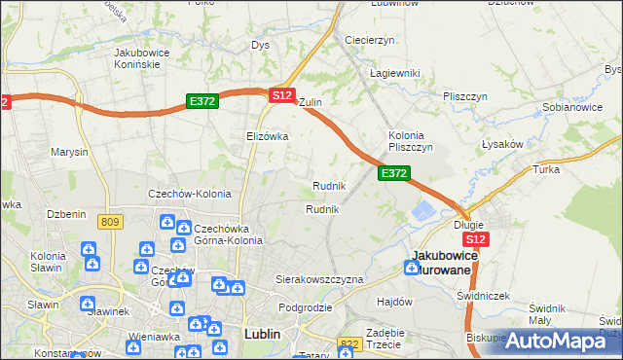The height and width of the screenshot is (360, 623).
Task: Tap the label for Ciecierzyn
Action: [x=369, y=40]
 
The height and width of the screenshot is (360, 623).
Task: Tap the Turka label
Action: [x=544, y=169]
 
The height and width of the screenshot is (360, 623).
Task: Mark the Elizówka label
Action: [x=267, y=136]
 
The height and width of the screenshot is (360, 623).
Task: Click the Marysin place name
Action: [x=69, y=153]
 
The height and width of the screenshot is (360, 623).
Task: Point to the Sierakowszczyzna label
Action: [x=319, y=279]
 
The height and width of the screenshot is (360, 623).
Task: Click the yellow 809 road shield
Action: [x=110, y=223]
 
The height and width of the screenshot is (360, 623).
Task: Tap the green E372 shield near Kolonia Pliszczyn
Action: [x=393, y=172]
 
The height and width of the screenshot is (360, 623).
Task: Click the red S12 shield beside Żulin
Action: [x=281, y=94]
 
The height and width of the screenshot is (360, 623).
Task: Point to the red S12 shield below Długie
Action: [x=474, y=239]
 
